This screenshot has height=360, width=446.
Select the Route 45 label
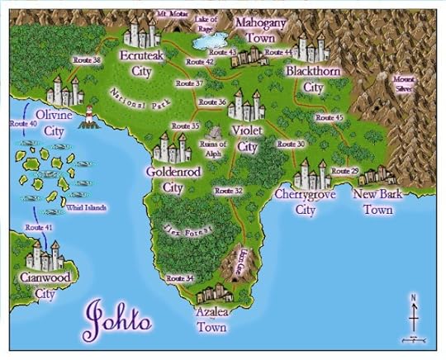[x=329, y=117]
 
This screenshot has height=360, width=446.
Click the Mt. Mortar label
[x=173, y=15]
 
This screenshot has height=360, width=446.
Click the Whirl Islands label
[x=86, y=208]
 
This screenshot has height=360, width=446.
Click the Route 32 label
[x=228, y=191]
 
